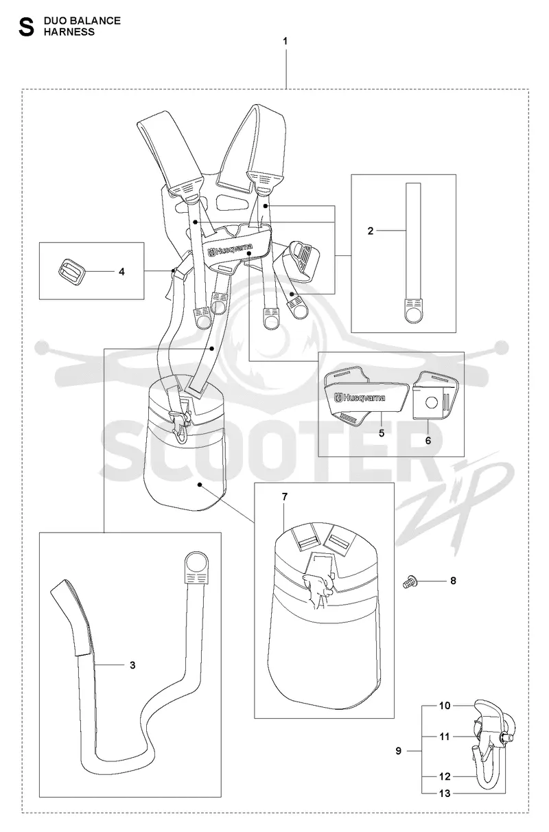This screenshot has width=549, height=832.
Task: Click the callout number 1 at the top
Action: pos(285,42)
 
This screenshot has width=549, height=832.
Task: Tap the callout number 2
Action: pos(370,231)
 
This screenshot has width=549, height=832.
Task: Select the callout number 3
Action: pos(132,665)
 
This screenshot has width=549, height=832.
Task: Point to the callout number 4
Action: pos(121,272)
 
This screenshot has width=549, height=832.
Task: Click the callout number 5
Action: pos(382,433)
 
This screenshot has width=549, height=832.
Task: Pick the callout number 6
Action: pos(428,441)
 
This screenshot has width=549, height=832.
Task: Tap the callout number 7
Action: pos(284,496)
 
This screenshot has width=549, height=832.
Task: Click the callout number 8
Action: pos(453,581)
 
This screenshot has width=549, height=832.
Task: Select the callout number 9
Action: pos(398,751)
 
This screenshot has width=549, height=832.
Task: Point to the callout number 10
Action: pos(444,705)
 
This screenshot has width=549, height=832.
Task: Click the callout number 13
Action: pos(444,794)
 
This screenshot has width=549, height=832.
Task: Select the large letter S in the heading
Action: pos(26,27)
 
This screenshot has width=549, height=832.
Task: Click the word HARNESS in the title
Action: pos(69,32)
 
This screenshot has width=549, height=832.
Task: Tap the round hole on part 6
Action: pos(432,403)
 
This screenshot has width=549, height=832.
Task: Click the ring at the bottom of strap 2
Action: pos(412,315)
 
